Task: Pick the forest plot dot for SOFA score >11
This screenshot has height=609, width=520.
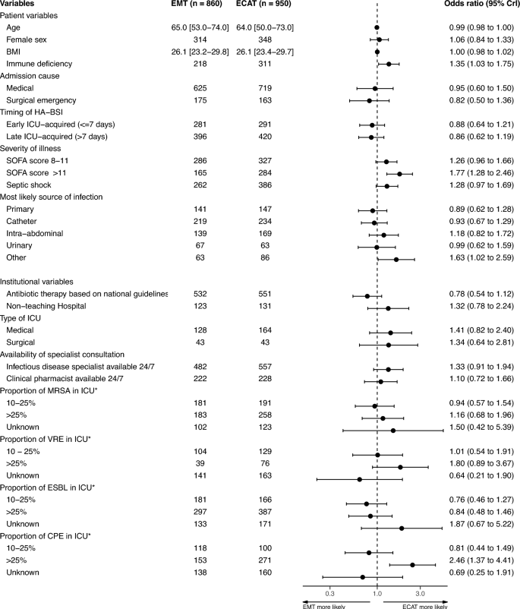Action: pos(399,174)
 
